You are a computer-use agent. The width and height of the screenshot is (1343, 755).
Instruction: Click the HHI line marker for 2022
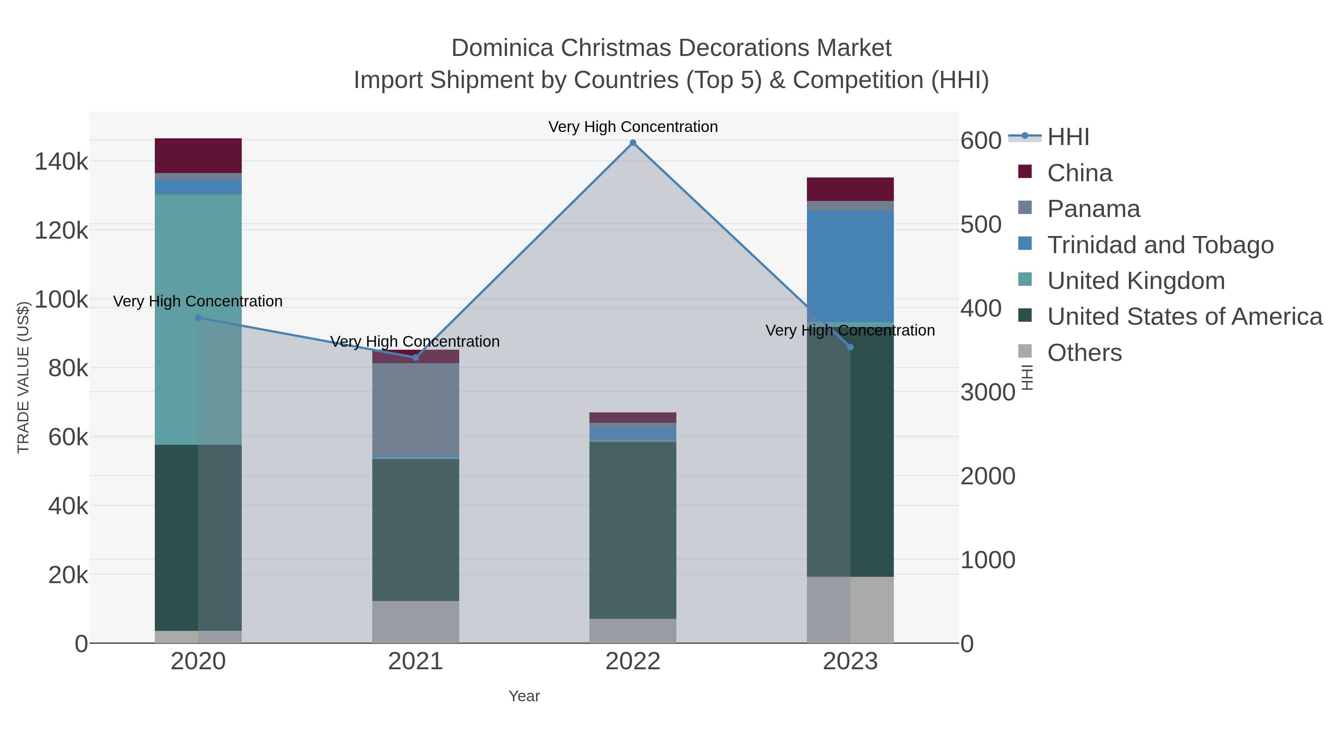[x=633, y=143]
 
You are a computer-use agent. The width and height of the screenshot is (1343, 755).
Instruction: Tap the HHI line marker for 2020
[x=198, y=318]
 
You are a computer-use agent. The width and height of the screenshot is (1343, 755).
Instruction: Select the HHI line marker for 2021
[x=416, y=358]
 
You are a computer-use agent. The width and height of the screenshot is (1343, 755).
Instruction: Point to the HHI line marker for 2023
[x=850, y=347]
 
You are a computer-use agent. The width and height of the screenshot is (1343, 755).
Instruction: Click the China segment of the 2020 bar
[x=198, y=155]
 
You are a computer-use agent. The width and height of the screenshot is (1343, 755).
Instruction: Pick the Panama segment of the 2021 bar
[x=416, y=409]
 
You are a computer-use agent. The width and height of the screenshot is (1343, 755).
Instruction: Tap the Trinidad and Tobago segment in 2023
[x=850, y=266]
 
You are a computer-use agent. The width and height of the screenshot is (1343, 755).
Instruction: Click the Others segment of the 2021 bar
[x=416, y=622]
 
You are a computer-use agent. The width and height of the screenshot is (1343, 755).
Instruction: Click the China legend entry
[x=1079, y=173]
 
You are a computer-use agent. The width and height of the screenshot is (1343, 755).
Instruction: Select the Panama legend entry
[x=1093, y=209]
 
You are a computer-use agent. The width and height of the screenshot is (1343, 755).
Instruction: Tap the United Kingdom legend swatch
[x=1025, y=279]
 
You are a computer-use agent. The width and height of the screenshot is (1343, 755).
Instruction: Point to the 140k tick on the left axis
[x=61, y=161]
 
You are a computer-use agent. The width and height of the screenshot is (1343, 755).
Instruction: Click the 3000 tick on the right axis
[x=987, y=392]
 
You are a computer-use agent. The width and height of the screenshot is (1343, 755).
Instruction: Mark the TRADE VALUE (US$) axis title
[x=24, y=377]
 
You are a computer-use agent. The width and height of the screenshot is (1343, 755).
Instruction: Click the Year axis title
[x=524, y=696]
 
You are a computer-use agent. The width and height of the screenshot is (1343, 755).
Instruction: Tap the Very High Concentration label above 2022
[x=633, y=127]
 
